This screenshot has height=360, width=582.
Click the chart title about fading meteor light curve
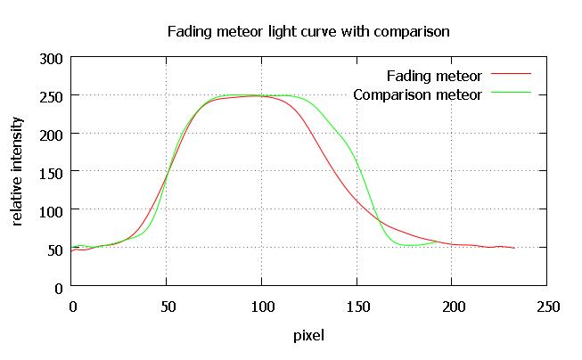coord(308,31)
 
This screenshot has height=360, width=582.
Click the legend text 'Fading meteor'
coord(434,75)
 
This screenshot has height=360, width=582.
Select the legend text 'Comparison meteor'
coord(417,94)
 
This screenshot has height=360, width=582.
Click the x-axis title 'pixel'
coord(308,336)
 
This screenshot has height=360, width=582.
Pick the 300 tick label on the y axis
coord(50,58)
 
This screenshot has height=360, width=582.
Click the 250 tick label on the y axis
coord(50,96)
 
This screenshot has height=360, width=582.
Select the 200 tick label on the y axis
coord(50,135)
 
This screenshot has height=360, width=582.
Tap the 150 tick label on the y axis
coord(50,173)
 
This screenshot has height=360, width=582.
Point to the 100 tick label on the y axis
coord(50,211)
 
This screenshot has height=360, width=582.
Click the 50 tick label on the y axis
coord(53,250)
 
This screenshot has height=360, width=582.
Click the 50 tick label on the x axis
coord(166,306)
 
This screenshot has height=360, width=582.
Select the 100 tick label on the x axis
coord(261,306)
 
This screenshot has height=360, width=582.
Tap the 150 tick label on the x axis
coord(357,306)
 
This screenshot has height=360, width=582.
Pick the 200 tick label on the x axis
coord(452,306)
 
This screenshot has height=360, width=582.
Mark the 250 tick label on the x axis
coord(547,306)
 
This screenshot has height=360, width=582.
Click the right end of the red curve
coord(514,248)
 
